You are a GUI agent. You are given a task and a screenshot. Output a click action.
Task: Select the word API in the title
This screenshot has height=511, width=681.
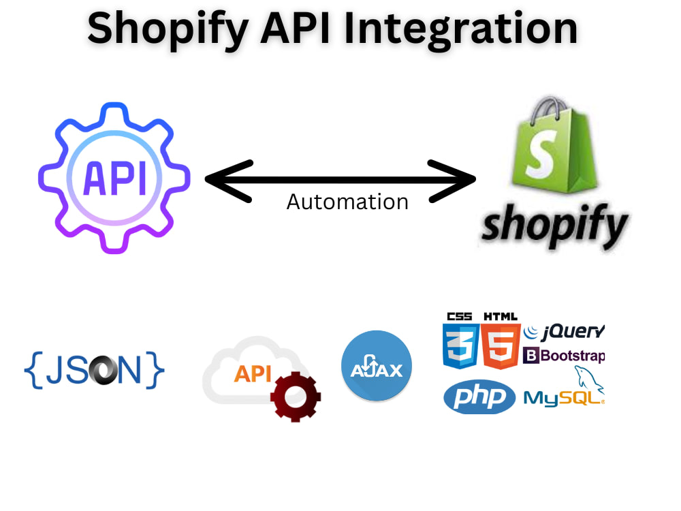(x=296, y=27)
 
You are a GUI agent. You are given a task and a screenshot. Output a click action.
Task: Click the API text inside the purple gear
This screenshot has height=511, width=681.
(x=114, y=178)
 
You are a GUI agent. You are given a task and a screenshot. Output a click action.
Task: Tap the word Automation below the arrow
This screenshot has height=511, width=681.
(x=347, y=202)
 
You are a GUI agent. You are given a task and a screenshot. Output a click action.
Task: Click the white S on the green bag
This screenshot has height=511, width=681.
(x=541, y=153)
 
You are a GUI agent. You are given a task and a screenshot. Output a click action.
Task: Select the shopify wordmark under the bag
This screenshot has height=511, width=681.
(x=554, y=226)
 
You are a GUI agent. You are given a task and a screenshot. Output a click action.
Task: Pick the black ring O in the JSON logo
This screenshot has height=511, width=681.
(x=104, y=371)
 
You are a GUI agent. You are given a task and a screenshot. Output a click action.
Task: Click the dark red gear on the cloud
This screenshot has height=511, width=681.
(x=296, y=397)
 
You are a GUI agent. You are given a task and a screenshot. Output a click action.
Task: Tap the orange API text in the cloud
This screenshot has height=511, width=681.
(x=253, y=373)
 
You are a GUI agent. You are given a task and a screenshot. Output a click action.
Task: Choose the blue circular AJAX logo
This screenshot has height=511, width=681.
(x=377, y=365)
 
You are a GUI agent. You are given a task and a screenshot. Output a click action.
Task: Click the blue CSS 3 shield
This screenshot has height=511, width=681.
(x=460, y=346)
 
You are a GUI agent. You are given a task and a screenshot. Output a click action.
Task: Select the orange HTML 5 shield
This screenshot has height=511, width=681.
(x=501, y=346)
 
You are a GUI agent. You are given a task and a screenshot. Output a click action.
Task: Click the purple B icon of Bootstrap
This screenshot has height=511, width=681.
(x=530, y=356)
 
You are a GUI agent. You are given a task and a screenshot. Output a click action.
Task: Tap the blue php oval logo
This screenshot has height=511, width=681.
(x=479, y=397)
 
